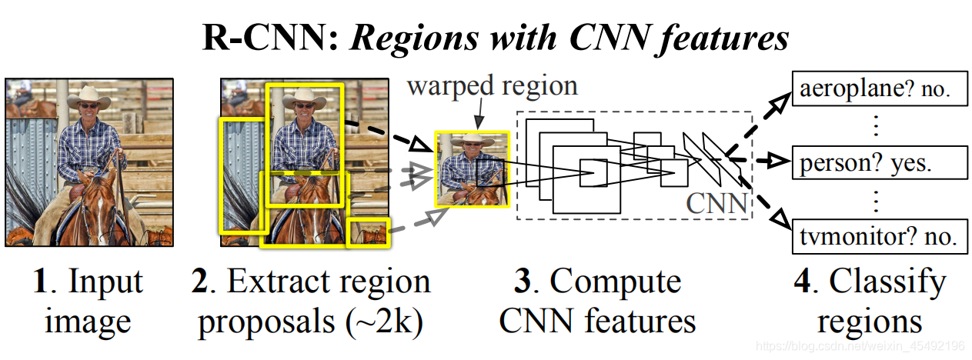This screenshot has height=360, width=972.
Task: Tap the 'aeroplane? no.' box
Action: click(x=878, y=89)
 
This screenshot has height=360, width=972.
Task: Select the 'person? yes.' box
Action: click(x=878, y=163)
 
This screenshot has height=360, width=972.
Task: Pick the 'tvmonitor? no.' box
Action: click(x=878, y=236)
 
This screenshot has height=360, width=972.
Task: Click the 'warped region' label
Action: click(x=493, y=85)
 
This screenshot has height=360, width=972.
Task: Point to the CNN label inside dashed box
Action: click(x=716, y=203)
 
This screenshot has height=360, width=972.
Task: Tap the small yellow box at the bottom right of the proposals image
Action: click(x=368, y=232)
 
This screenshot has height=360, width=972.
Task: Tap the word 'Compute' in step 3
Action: click(x=616, y=282)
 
